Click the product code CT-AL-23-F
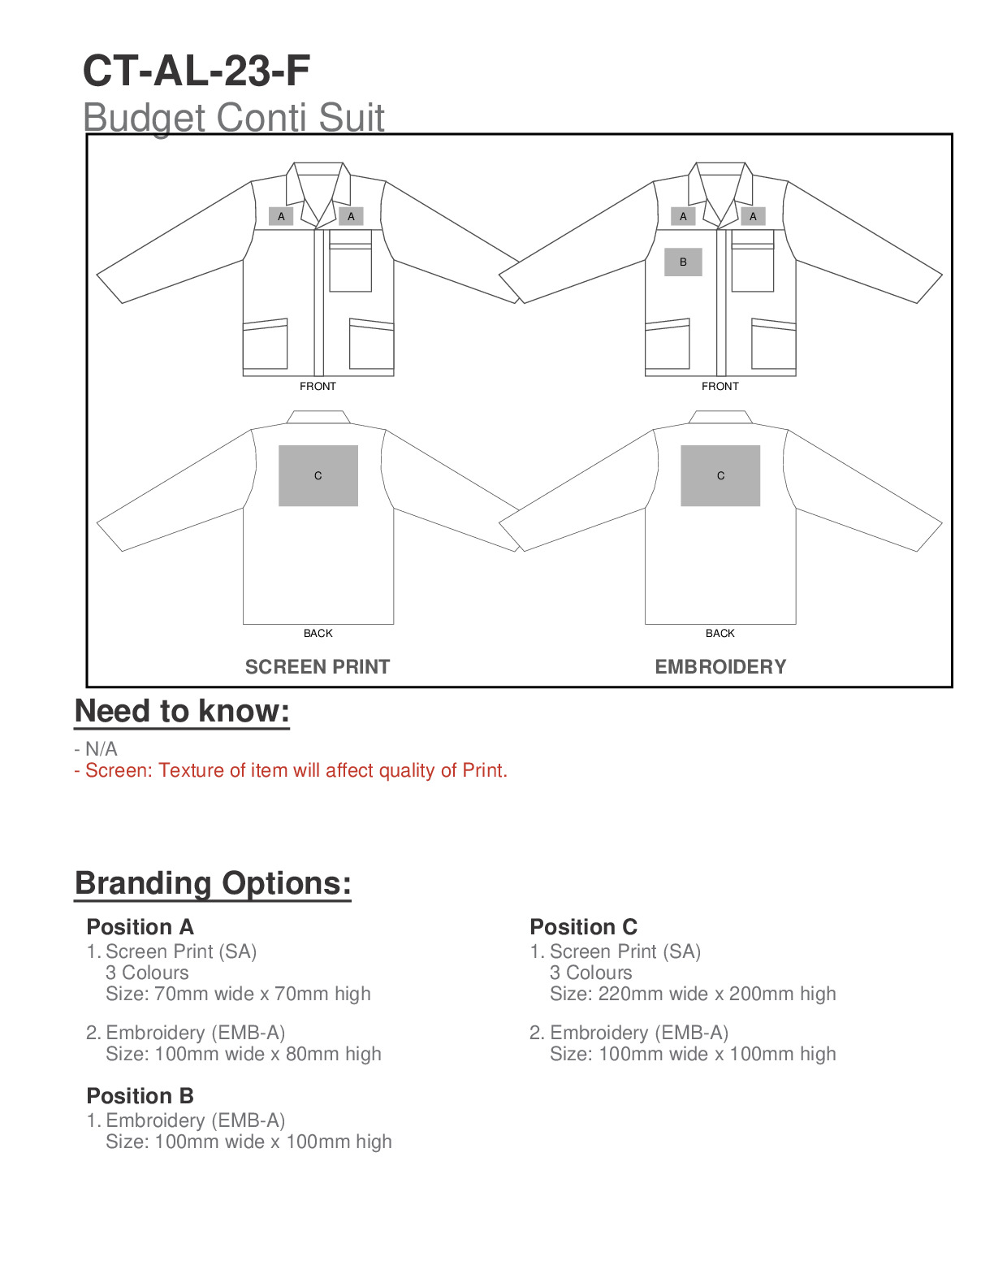[x=197, y=71]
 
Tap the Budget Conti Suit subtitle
[x=234, y=117]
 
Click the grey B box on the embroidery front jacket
[x=683, y=262]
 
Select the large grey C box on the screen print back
[x=318, y=476]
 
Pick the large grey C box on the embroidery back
[x=720, y=476]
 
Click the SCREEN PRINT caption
[x=318, y=667]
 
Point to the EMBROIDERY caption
[x=720, y=667]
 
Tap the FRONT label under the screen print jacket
[x=318, y=387]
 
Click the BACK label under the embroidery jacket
[x=720, y=634]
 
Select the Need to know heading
[x=182, y=711]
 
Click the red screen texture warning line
[x=291, y=770]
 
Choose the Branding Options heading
[x=213, y=883]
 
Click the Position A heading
[x=140, y=927]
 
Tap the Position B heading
[x=140, y=1096]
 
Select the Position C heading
[x=583, y=927]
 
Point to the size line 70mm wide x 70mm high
[x=238, y=994]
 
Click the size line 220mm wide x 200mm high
[x=693, y=994]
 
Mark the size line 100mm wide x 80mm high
[x=244, y=1054]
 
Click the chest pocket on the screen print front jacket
[x=351, y=264]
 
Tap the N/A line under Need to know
[x=97, y=748]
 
